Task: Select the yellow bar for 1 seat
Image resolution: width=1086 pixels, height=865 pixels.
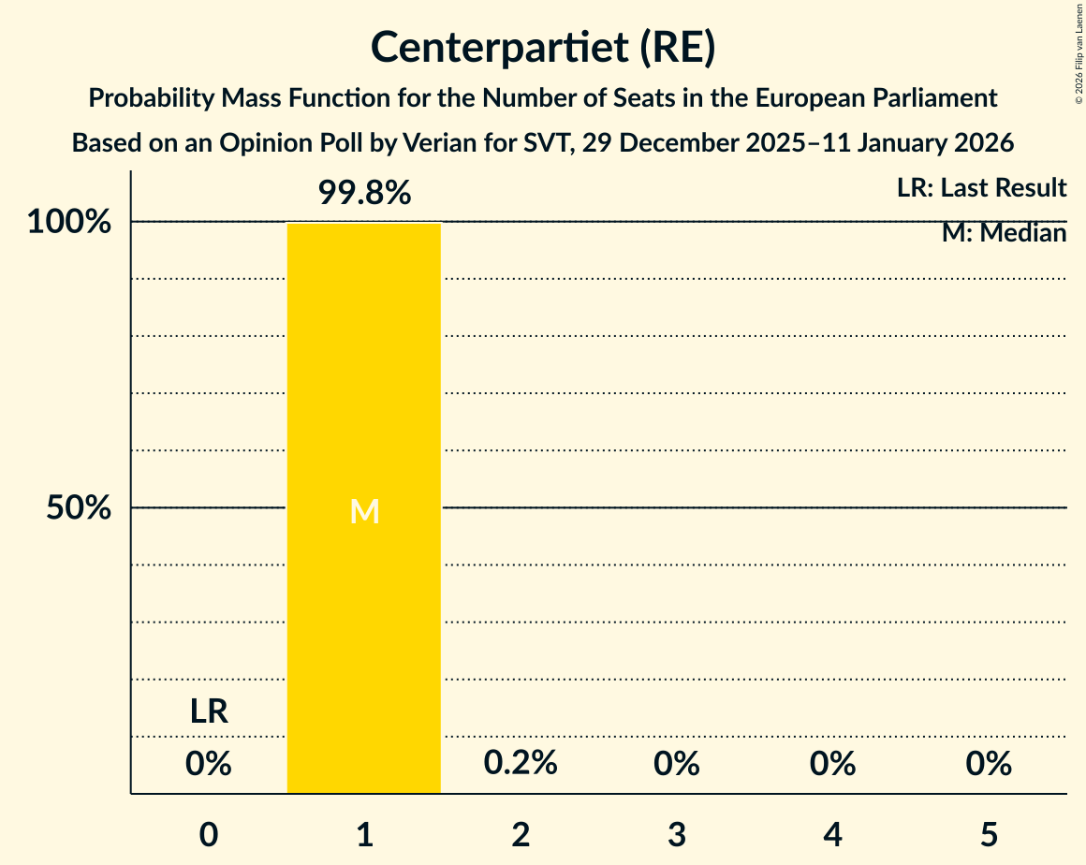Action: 363,393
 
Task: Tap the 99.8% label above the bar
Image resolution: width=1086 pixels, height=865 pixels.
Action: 364,193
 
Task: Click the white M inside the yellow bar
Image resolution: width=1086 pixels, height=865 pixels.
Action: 364,511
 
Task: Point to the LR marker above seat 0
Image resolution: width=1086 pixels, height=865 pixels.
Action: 209,711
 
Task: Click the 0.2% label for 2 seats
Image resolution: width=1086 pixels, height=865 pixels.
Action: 521,763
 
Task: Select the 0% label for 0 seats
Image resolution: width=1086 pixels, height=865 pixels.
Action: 209,764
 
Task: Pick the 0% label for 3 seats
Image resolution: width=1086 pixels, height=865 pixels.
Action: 677,764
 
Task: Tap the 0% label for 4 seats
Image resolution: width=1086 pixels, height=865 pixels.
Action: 833,764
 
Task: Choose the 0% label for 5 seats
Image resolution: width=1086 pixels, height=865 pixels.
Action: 990,764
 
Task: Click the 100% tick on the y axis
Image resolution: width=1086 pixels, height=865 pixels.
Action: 69,223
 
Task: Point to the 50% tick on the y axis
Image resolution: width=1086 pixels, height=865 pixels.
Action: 80,508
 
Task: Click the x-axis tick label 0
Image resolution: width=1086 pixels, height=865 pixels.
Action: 209,833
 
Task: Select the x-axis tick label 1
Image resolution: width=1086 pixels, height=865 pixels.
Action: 364,833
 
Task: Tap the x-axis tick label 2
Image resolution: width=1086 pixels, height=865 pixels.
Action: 521,833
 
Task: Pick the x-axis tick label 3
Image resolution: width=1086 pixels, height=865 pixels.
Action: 677,833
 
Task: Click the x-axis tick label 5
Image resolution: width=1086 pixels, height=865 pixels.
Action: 990,833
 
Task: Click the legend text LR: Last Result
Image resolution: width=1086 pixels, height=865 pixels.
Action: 981,188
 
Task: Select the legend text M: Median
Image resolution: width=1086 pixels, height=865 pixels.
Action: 1004,233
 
